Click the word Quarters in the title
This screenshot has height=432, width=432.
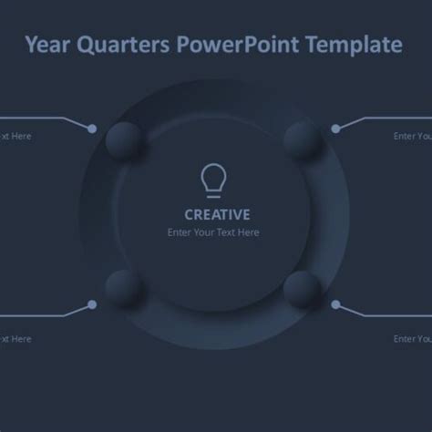pos(119,44)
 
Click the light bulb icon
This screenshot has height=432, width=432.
pos(212,180)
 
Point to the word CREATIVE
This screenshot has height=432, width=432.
pos(217,215)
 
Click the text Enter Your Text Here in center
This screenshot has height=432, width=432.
pos(213,232)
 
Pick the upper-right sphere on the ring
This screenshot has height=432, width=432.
pos(303,141)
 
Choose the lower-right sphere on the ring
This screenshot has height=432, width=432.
pos(302,289)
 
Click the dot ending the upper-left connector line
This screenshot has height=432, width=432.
pos(92,129)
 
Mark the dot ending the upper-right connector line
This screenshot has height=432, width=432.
pos(335,129)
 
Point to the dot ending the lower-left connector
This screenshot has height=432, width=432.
pos(92,304)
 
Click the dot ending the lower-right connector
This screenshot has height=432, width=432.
pos(335,304)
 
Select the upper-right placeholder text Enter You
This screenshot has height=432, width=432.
pos(412,137)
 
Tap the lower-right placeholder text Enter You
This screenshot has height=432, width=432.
pos(412,338)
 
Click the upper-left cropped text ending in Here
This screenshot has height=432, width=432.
pos(15,137)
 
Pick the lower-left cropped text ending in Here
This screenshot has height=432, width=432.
pos(15,338)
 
